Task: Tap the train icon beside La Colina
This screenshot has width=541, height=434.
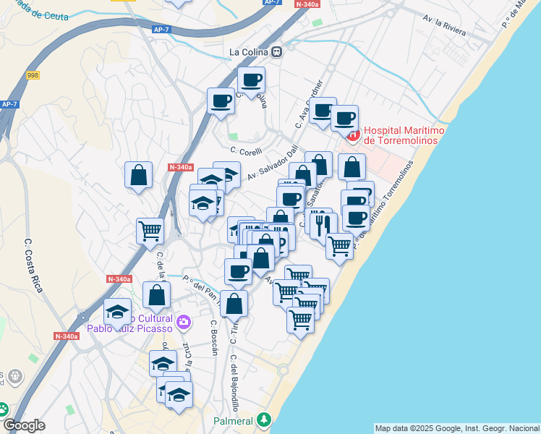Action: click(277, 52)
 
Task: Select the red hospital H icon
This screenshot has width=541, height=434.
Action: click(352, 135)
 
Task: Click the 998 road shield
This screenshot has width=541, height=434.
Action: click(33, 75)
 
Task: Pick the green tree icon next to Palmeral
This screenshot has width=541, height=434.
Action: click(265, 420)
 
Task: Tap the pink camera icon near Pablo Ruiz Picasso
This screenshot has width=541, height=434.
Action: click(184, 321)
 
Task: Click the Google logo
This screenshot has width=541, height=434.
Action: click(24, 425)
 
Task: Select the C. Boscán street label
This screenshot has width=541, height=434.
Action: click(214, 338)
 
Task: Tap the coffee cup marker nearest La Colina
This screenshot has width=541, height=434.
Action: click(252, 80)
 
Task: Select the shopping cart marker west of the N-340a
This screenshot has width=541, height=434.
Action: click(150, 230)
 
